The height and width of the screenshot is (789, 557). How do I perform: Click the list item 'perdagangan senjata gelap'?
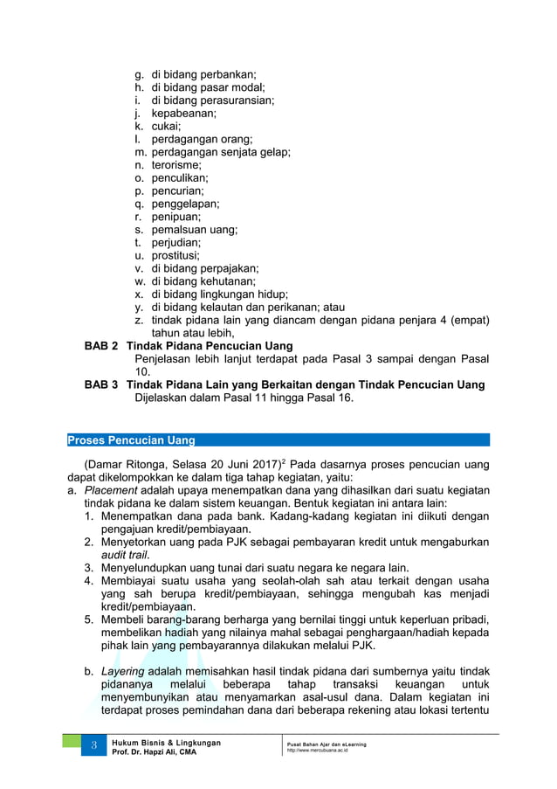pos(221,152)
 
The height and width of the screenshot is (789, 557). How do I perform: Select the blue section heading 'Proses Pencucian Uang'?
pos(132,439)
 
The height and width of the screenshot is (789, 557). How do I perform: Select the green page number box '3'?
pos(93,747)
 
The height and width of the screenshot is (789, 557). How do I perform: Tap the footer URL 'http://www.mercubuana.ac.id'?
pos(317,751)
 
